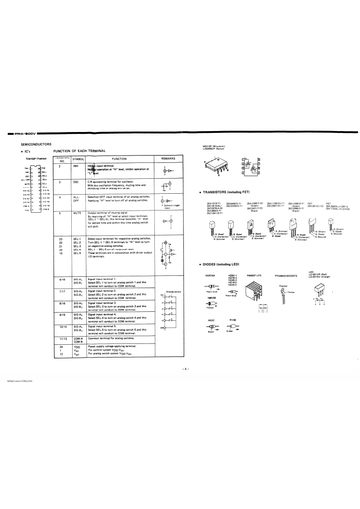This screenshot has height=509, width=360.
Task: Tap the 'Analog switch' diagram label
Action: tap(173, 291)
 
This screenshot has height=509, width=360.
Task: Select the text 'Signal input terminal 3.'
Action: tap(102, 302)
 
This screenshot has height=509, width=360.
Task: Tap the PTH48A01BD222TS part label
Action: tap(289, 275)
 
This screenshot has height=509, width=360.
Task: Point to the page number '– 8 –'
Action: tap(185, 369)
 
